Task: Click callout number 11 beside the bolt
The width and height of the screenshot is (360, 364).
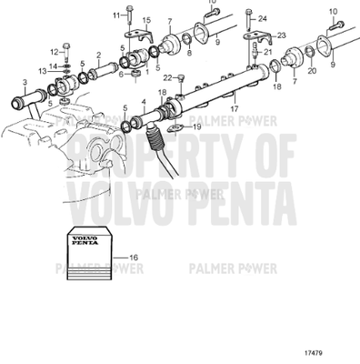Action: point(116,16)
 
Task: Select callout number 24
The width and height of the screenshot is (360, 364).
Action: point(262,18)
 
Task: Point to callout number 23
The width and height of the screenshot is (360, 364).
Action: point(281,35)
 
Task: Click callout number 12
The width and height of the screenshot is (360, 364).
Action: point(54,51)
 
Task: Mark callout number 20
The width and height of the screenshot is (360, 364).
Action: point(312,71)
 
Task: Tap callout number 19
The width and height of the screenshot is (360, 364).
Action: point(196,127)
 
